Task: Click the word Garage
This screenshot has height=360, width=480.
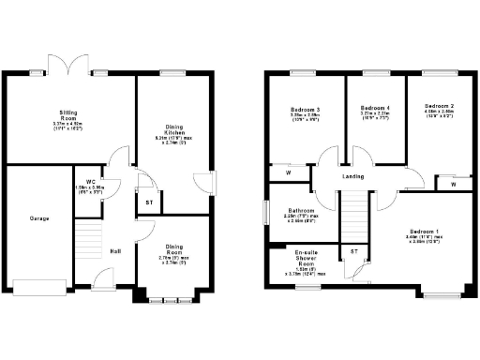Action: click(x=38, y=218)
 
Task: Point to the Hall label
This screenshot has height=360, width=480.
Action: click(x=115, y=250)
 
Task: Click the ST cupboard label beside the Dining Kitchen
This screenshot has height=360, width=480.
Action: click(x=149, y=202)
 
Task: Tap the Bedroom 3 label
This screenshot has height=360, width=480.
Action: click(x=306, y=111)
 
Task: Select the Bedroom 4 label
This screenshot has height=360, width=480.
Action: click(x=375, y=109)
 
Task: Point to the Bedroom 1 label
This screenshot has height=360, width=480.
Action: click(x=425, y=231)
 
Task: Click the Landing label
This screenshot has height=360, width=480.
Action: click(x=353, y=175)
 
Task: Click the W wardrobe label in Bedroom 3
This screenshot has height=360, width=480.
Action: click(x=288, y=172)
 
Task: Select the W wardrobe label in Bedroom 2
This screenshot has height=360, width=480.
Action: click(x=453, y=185)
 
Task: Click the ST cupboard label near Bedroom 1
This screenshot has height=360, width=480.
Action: click(x=354, y=251)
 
